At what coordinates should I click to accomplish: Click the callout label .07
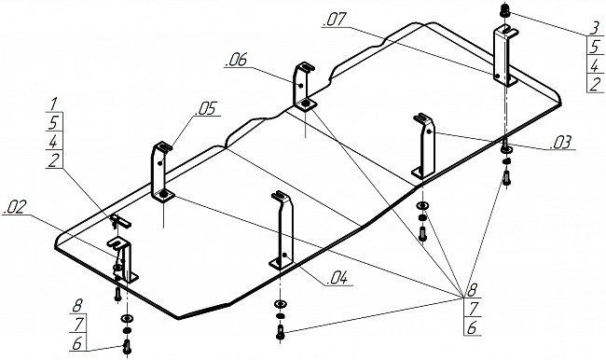click(x=335, y=20)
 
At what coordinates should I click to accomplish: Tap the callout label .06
click(x=237, y=61)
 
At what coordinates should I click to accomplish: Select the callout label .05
click(x=206, y=109)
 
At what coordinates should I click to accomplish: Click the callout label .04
click(x=337, y=279)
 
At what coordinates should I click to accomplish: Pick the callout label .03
click(x=560, y=143)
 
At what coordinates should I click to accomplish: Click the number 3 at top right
click(x=596, y=28)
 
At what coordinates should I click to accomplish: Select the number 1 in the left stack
click(x=54, y=104)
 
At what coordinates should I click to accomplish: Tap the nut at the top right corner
click(x=504, y=10)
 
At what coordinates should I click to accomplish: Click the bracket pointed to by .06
click(x=303, y=86)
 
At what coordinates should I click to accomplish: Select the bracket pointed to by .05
click(x=162, y=173)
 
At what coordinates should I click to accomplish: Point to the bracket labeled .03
click(x=424, y=145)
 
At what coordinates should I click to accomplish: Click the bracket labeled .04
click(x=283, y=230)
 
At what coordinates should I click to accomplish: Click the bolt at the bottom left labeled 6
click(x=127, y=346)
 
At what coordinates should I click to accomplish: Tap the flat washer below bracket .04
click(x=281, y=304)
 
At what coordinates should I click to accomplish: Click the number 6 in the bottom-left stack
click(x=77, y=343)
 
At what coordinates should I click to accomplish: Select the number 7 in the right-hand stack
click(x=474, y=309)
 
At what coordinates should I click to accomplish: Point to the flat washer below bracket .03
click(x=423, y=206)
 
